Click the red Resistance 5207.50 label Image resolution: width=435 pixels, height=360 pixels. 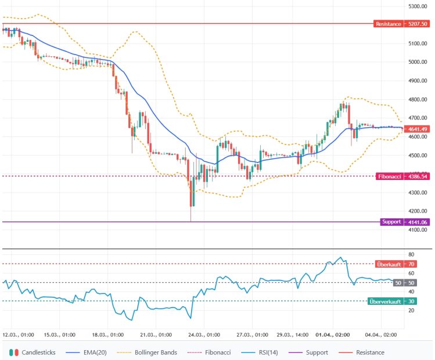(x=402, y=24)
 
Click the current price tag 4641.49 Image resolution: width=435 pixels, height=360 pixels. (x=418, y=129)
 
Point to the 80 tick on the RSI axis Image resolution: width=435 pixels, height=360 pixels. (x=411, y=254)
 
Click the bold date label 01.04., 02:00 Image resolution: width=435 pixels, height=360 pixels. (x=333, y=335)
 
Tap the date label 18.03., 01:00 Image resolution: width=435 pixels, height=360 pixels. (x=108, y=335)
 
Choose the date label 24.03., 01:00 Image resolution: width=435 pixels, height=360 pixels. (x=204, y=335)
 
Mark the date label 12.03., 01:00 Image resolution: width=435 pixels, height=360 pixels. (x=18, y=335)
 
